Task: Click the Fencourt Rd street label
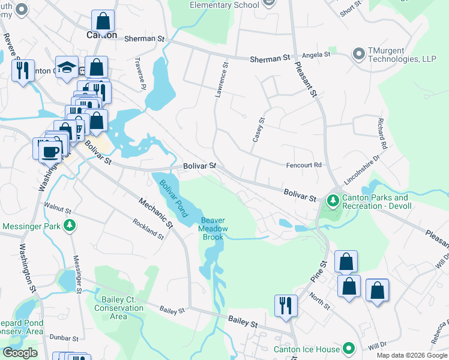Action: pos(305,165)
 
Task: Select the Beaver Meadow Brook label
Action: pos(213,229)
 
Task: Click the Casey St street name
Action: pos(258,129)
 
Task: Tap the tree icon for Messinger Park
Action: pos(70,226)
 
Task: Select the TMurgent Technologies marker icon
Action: pos(360,55)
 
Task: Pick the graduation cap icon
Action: pos(67,67)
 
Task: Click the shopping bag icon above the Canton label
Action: pos(103,20)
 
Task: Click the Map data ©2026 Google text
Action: pos(412,355)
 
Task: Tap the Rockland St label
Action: pos(148,229)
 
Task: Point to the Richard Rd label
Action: pos(381,133)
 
